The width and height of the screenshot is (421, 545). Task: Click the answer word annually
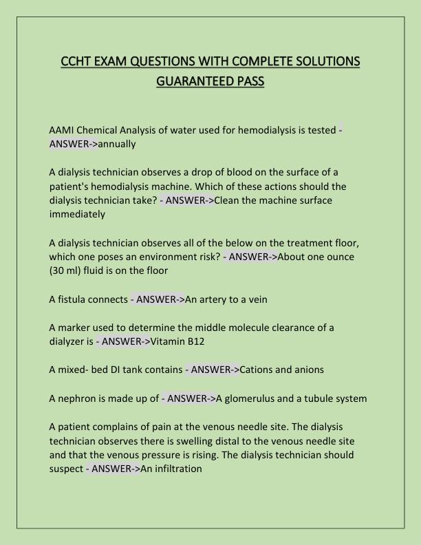pos(117,144)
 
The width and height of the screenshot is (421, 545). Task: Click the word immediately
pos(77,214)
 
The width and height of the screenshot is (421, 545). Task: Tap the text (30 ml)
pos(67,270)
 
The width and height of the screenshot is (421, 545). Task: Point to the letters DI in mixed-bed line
pos(118,370)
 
